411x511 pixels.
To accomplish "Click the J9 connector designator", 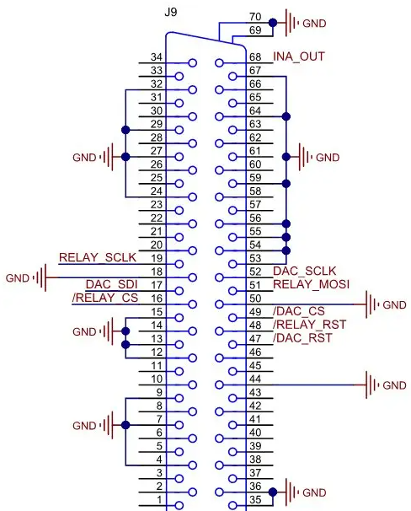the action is (170, 13).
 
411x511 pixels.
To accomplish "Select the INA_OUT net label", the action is (299, 56).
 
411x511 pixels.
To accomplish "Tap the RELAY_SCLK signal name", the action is (98, 257).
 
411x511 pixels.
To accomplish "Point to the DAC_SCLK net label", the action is (304, 272).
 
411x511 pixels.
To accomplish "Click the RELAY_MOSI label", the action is (311, 284).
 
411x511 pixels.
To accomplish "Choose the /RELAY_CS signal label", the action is (105, 298).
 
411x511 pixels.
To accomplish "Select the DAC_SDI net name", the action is (112, 284).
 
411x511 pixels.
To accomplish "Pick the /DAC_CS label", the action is (299, 311).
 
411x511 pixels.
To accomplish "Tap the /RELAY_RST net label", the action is (309, 325).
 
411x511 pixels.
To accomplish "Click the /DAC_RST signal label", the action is (302, 338).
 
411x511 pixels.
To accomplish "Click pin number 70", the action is (255, 17).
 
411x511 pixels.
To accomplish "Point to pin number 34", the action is (156, 57).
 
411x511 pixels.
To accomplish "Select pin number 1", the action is (159, 499).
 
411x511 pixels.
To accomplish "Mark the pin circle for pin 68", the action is (219, 63).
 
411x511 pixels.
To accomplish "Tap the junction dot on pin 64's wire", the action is (286, 116).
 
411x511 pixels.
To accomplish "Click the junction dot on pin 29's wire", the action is (125, 130).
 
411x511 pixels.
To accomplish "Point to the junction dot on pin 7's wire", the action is (125, 425).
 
